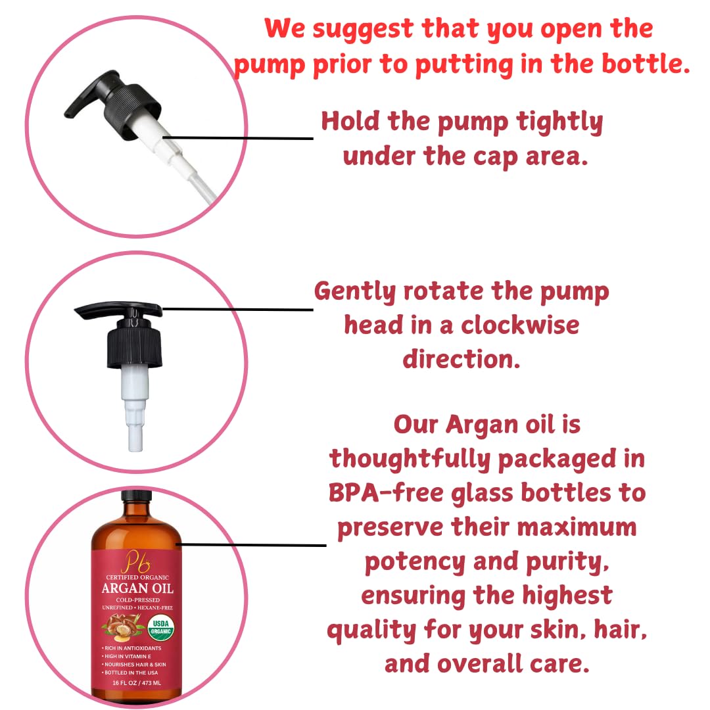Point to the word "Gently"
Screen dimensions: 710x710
(353, 291)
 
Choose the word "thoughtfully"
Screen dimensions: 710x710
(410, 459)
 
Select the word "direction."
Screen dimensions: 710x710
(461, 359)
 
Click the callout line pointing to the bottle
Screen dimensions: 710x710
(253, 544)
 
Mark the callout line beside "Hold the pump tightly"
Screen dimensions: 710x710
(243, 138)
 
